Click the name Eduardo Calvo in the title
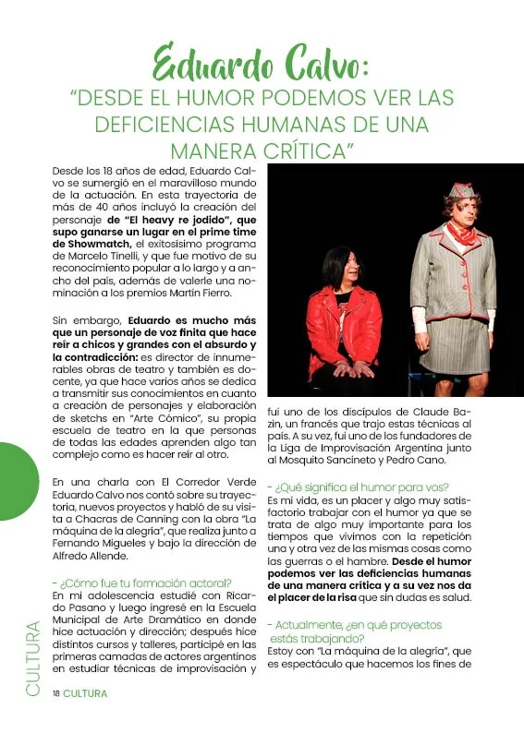tap(262, 66)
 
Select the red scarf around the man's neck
tap(459, 232)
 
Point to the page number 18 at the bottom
tap(55, 692)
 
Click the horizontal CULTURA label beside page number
tap(85, 692)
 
